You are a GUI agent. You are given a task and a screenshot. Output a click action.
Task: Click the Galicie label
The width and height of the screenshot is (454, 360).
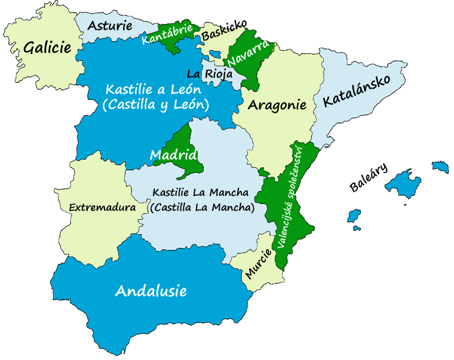pyautogui.click(x=47, y=48)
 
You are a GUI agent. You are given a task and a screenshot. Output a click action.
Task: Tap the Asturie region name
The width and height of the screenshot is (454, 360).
pyautogui.click(x=111, y=26)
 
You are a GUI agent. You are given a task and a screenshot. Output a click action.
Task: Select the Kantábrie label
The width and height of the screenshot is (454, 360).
pyautogui.click(x=167, y=34)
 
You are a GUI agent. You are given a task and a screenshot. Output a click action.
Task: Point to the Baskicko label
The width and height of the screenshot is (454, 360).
pyautogui.click(x=224, y=30)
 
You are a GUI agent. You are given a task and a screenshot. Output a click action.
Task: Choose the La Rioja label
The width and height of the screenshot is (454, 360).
pyautogui.click(x=209, y=75)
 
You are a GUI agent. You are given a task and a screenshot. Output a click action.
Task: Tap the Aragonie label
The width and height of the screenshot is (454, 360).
pyautogui.click(x=277, y=106)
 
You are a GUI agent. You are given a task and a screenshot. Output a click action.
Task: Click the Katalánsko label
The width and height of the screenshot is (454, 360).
pyautogui.click(x=356, y=91)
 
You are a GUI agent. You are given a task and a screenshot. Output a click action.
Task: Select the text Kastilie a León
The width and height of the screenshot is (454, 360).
pyautogui.click(x=154, y=90)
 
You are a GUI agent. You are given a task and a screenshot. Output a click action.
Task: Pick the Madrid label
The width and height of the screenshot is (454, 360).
pyautogui.click(x=173, y=156)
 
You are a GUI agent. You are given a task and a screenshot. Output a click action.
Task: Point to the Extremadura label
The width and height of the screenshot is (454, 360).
pyautogui.click(x=102, y=207)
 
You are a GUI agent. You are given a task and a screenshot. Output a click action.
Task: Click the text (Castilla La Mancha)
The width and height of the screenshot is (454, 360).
pyautogui.click(x=202, y=208)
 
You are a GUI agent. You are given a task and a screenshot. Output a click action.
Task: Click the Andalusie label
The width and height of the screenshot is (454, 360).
pyautogui.click(x=151, y=291)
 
